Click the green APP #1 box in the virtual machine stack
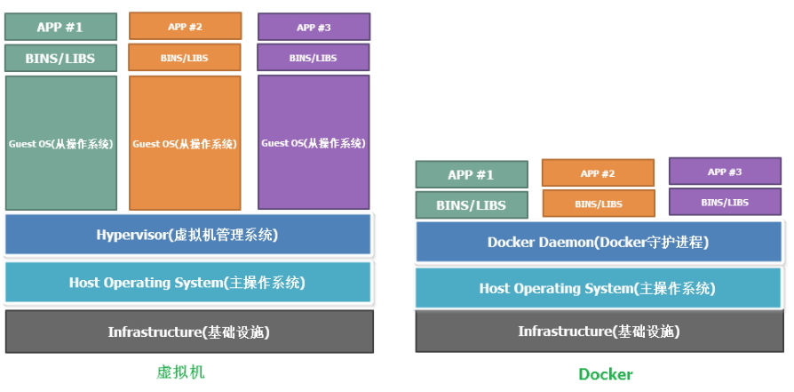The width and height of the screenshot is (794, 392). (x=60, y=27)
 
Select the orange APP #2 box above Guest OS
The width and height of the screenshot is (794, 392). (x=185, y=26)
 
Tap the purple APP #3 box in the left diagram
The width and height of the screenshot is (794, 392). (x=314, y=27)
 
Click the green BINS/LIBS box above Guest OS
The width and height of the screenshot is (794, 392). (x=60, y=59)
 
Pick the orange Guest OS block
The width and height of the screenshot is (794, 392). (x=185, y=142)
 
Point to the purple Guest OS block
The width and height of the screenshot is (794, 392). (x=314, y=142)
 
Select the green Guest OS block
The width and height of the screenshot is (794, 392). (x=60, y=142)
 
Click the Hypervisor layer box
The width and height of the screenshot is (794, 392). (x=187, y=235)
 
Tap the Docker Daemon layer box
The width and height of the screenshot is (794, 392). (x=598, y=242)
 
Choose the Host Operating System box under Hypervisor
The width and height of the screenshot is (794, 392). (x=187, y=283)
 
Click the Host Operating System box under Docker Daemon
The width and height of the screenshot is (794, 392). (x=598, y=288)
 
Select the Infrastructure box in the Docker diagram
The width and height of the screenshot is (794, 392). (x=598, y=332)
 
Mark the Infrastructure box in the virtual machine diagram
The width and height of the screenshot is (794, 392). (x=188, y=332)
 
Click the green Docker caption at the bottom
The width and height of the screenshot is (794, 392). (x=606, y=374)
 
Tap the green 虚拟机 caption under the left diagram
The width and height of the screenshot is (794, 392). (x=180, y=372)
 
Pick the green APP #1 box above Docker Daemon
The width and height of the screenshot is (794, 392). (x=472, y=174)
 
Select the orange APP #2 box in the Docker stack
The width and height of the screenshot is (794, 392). (x=598, y=172)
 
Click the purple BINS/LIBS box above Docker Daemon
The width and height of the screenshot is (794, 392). (x=724, y=202)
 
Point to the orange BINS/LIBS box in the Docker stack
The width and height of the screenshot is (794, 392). (x=598, y=204)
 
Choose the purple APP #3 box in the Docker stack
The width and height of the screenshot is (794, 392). (x=724, y=171)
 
